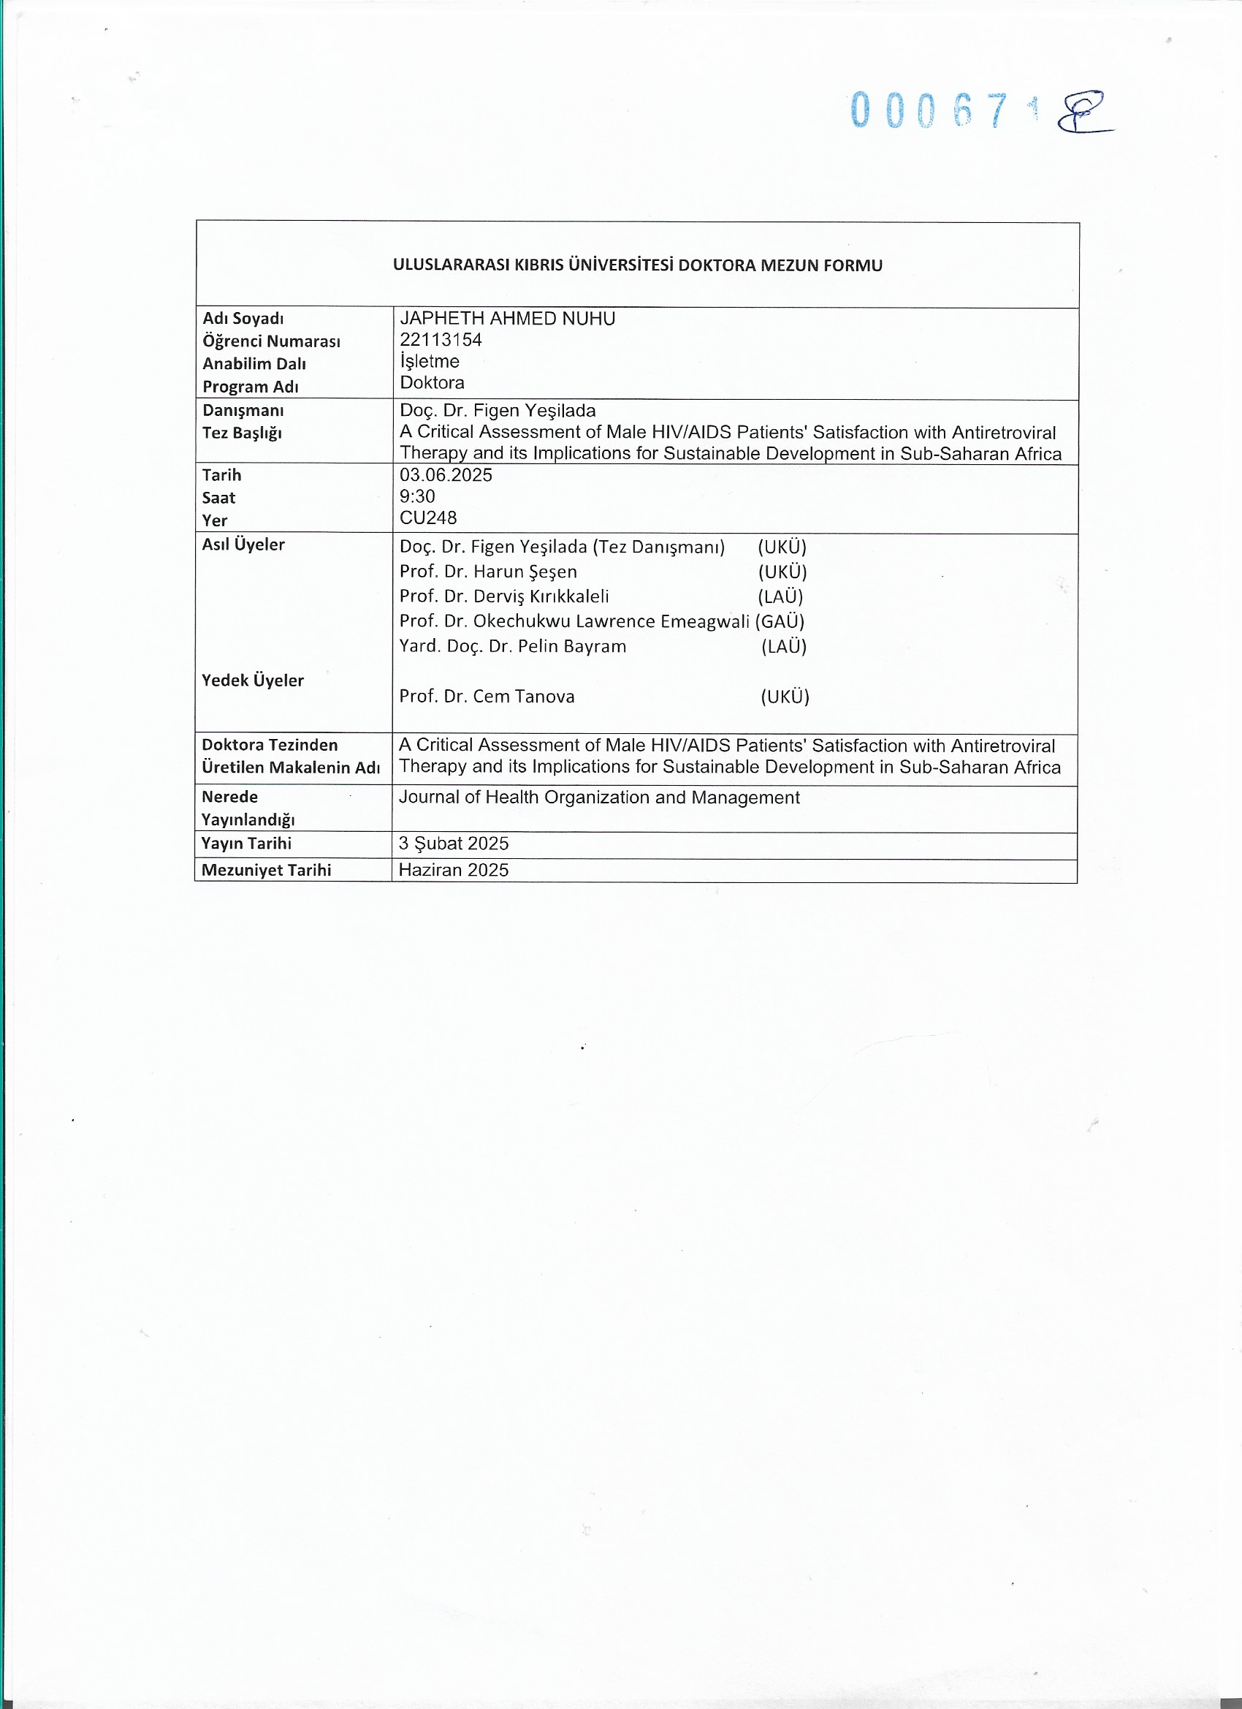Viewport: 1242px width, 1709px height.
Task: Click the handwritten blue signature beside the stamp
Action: click(1082, 113)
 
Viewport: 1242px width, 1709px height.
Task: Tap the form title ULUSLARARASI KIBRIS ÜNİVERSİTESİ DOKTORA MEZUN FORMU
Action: click(637, 265)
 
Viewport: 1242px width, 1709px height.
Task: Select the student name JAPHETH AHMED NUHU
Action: click(507, 319)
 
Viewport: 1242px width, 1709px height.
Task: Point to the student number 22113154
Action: click(441, 340)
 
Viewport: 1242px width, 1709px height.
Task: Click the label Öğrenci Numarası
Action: click(271, 341)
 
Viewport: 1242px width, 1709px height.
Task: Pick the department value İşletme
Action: click(430, 361)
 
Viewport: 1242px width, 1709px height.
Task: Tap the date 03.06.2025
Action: click(446, 474)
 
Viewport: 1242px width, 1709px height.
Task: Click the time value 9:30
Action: click(417, 496)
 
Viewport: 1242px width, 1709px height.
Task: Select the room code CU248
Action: click(428, 518)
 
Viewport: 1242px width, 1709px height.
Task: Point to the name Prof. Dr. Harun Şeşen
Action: click(488, 571)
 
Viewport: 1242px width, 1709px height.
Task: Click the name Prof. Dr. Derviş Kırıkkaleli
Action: click(504, 596)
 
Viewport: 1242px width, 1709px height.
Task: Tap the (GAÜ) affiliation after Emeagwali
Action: click(780, 621)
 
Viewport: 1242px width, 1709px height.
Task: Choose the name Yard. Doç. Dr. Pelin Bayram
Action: click(512, 645)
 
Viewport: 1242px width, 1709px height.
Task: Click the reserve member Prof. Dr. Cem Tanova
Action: click(487, 697)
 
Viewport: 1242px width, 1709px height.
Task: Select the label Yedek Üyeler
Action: click(252, 681)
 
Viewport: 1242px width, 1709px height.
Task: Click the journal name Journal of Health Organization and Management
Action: click(599, 797)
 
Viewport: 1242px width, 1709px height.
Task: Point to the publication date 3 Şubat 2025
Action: click(454, 844)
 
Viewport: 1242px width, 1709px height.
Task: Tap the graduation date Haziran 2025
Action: click(454, 871)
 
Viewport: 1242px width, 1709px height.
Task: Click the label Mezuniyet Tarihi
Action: click(266, 871)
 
